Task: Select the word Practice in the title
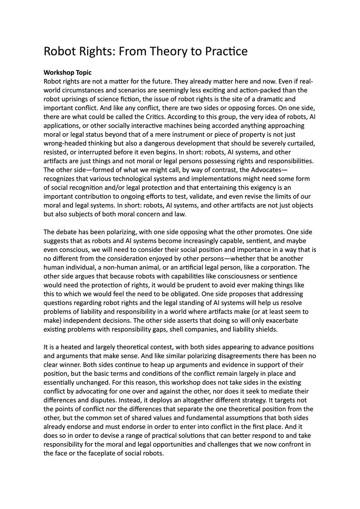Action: (x=225, y=52)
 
